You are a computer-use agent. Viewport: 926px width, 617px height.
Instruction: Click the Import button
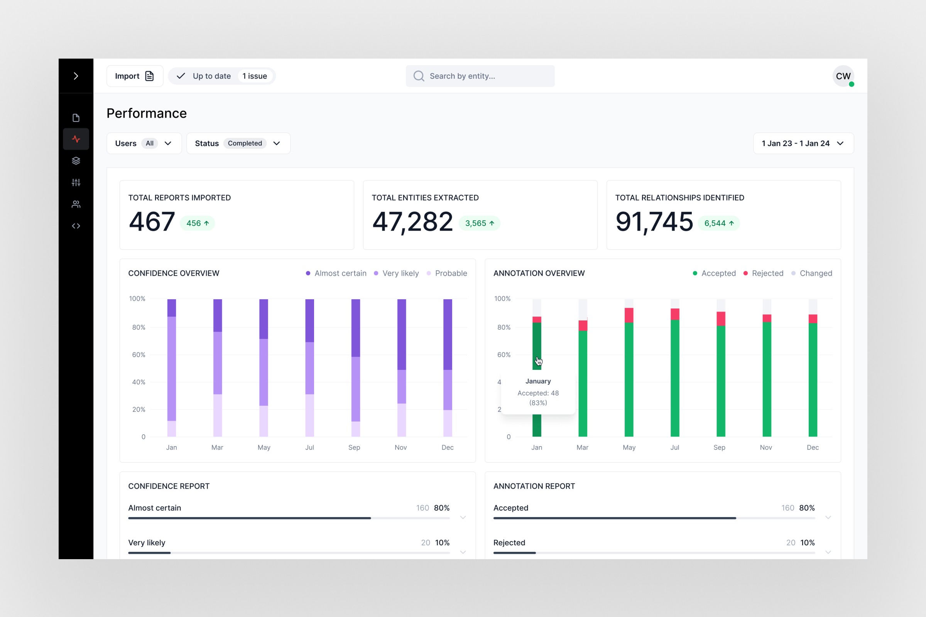click(x=134, y=76)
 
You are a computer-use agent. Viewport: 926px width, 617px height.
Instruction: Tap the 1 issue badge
click(x=254, y=76)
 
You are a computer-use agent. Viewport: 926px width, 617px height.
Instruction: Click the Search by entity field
click(x=480, y=76)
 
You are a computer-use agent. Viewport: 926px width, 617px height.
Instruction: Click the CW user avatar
click(x=843, y=76)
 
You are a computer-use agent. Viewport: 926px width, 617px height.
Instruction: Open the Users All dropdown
click(x=144, y=143)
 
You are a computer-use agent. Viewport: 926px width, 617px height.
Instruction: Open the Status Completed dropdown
click(x=238, y=143)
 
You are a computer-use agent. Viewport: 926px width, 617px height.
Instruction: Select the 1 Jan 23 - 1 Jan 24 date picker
click(x=803, y=143)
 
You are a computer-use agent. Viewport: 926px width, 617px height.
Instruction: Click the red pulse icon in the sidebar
click(x=76, y=139)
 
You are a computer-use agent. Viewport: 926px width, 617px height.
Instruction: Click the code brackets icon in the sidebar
click(x=76, y=226)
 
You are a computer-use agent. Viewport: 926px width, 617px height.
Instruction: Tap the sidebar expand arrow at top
click(x=76, y=76)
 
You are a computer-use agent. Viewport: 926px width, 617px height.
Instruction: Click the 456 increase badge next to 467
click(x=197, y=223)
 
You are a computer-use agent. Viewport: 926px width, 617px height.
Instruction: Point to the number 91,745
click(x=654, y=221)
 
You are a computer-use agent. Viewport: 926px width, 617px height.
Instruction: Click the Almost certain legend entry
click(x=336, y=273)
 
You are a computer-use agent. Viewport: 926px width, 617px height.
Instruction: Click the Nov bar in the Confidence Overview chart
click(x=401, y=368)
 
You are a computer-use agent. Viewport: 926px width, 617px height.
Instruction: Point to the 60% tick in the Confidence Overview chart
click(x=139, y=354)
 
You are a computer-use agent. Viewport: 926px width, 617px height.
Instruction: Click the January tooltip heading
click(x=538, y=381)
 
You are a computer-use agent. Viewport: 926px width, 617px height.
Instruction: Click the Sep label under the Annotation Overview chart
click(x=719, y=447)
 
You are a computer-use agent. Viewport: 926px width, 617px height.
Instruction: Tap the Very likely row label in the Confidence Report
click(x=147, y=542)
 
